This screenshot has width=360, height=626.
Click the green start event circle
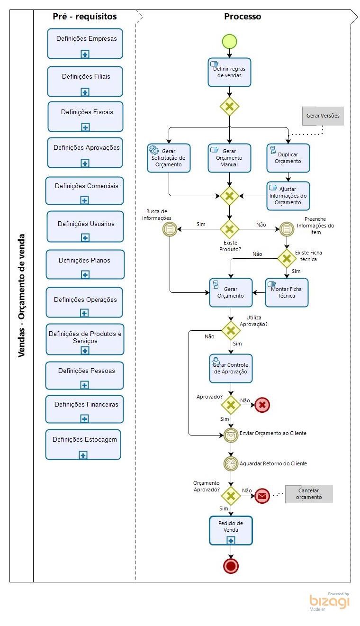click(229, 41)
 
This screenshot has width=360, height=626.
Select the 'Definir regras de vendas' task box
click(229, 72)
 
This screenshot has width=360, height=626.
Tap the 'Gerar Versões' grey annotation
click(323, 116)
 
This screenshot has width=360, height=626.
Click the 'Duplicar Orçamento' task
click(288, 158)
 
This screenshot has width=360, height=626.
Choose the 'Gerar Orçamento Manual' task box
click(229, 158)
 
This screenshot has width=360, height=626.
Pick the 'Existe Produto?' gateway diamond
click(230, 229)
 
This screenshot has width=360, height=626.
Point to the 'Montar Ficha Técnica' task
click(287, 292)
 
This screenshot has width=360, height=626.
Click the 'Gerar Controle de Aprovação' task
click(231, 368)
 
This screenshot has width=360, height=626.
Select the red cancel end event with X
click(262, 405)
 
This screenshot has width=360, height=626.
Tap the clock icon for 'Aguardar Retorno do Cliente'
click(231, 463)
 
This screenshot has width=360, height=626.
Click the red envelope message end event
click(262, 496)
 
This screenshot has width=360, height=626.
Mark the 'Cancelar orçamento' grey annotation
click(309, 494)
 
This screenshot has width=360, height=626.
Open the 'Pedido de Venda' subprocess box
click(231, 530)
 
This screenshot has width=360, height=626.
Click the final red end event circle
click(231, 565)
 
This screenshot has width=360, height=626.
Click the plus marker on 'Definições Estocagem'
click(83, 455)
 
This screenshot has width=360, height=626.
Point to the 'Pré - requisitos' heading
click(85, 17)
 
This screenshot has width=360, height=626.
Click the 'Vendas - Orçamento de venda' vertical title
click(22, 296)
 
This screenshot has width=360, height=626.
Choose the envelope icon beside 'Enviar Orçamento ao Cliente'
click(231, 434)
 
